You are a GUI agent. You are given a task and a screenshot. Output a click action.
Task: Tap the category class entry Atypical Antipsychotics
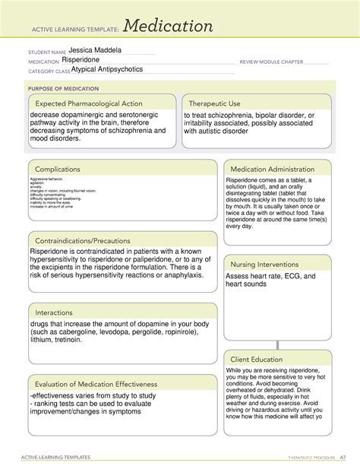point(106,69)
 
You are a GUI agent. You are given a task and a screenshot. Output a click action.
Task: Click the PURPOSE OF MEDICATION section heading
point(60,88)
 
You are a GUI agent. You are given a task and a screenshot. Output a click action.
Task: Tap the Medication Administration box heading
point(272,169)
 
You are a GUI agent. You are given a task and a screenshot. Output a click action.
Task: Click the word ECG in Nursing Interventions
point(286,276)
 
